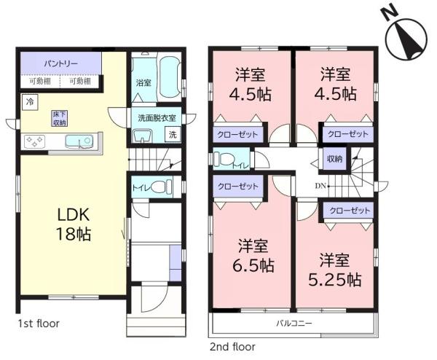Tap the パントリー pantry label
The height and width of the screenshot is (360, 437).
click(60, 63)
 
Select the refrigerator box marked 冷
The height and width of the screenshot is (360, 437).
click(30, 102)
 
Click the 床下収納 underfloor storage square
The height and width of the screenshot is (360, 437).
click(60, 118)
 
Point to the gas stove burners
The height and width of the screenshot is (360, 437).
click(34, 141)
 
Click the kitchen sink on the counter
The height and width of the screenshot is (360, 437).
click(79, 141)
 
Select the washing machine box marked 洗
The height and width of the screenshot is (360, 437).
click(173, 134)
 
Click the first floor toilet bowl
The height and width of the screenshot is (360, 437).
click(162, 187)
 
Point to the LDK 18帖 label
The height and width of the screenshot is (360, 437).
click(74, 224)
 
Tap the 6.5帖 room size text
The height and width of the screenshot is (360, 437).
click(253, 265)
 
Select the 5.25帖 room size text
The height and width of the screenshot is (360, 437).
click(335, 279)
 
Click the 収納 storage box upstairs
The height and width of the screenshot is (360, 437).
click(334, 159)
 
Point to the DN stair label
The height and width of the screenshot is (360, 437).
click(320, 186)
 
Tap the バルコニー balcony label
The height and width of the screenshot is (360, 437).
click(294, 324)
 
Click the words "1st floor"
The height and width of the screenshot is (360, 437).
click(39, 324)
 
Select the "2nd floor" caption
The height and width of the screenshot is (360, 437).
click(232, 347)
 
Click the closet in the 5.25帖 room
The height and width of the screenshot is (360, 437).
click(348, 211)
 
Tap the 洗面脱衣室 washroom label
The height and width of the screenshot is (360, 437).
click(157, 118)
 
